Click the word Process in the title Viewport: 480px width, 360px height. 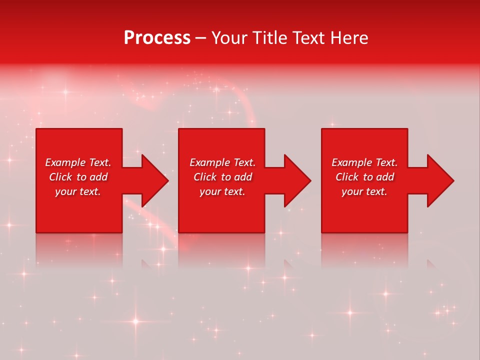tap(157, 38)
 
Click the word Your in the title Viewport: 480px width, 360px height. tap(230, 38)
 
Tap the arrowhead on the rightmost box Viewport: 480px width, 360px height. tap(440, 180)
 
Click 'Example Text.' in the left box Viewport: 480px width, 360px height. tap(78, 162)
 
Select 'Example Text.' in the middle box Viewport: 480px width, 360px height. tap(222, 162)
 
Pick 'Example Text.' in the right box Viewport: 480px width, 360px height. tap(364, 162)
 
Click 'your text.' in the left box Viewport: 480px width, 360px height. tap(78, 191)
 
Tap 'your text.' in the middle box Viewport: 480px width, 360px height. tap(222, 191)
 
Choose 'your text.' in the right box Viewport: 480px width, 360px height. tap(364, 191)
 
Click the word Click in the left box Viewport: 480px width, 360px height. tap(61, 177)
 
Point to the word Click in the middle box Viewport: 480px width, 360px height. tap(205, 177)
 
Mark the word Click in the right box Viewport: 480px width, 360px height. tap(347, 177)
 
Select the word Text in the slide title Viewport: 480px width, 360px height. tap(306, 38)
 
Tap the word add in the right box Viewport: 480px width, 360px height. tap(384, 177)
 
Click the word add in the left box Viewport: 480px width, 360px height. tap(98, 177)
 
